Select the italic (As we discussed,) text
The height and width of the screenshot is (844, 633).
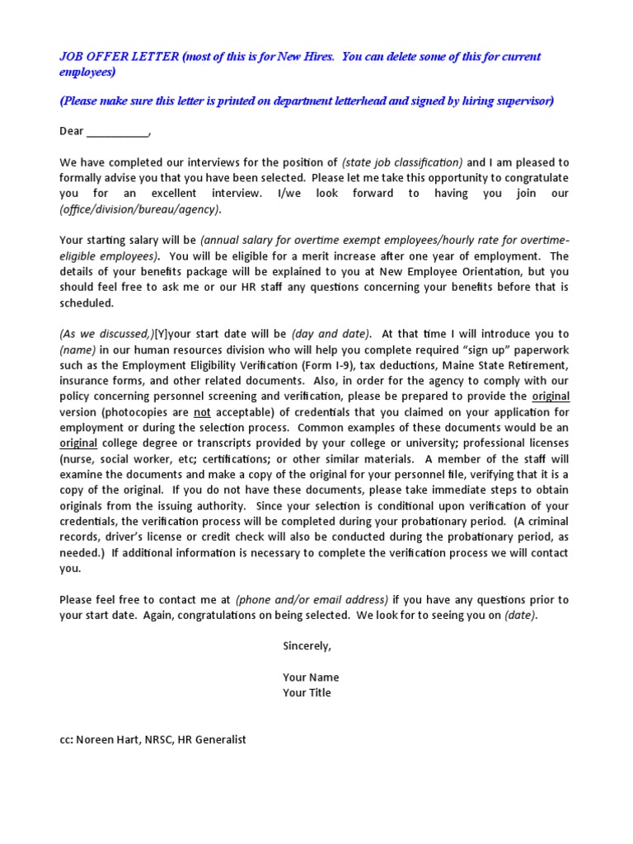pos(106,334)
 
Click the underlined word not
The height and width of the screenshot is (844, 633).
pos(202,412)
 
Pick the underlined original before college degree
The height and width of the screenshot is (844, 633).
pos(78,443)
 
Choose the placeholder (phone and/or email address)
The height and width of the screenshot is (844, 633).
pos(312,600)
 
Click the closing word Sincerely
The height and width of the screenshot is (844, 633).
pos(307,646)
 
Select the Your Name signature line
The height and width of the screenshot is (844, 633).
pos(311,678)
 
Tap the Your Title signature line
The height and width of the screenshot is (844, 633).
pos(307,693)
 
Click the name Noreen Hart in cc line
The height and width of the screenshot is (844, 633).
pos(104,740)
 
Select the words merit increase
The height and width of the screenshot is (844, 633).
pos(323,256)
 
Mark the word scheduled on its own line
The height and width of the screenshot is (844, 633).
pos(86,302)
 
